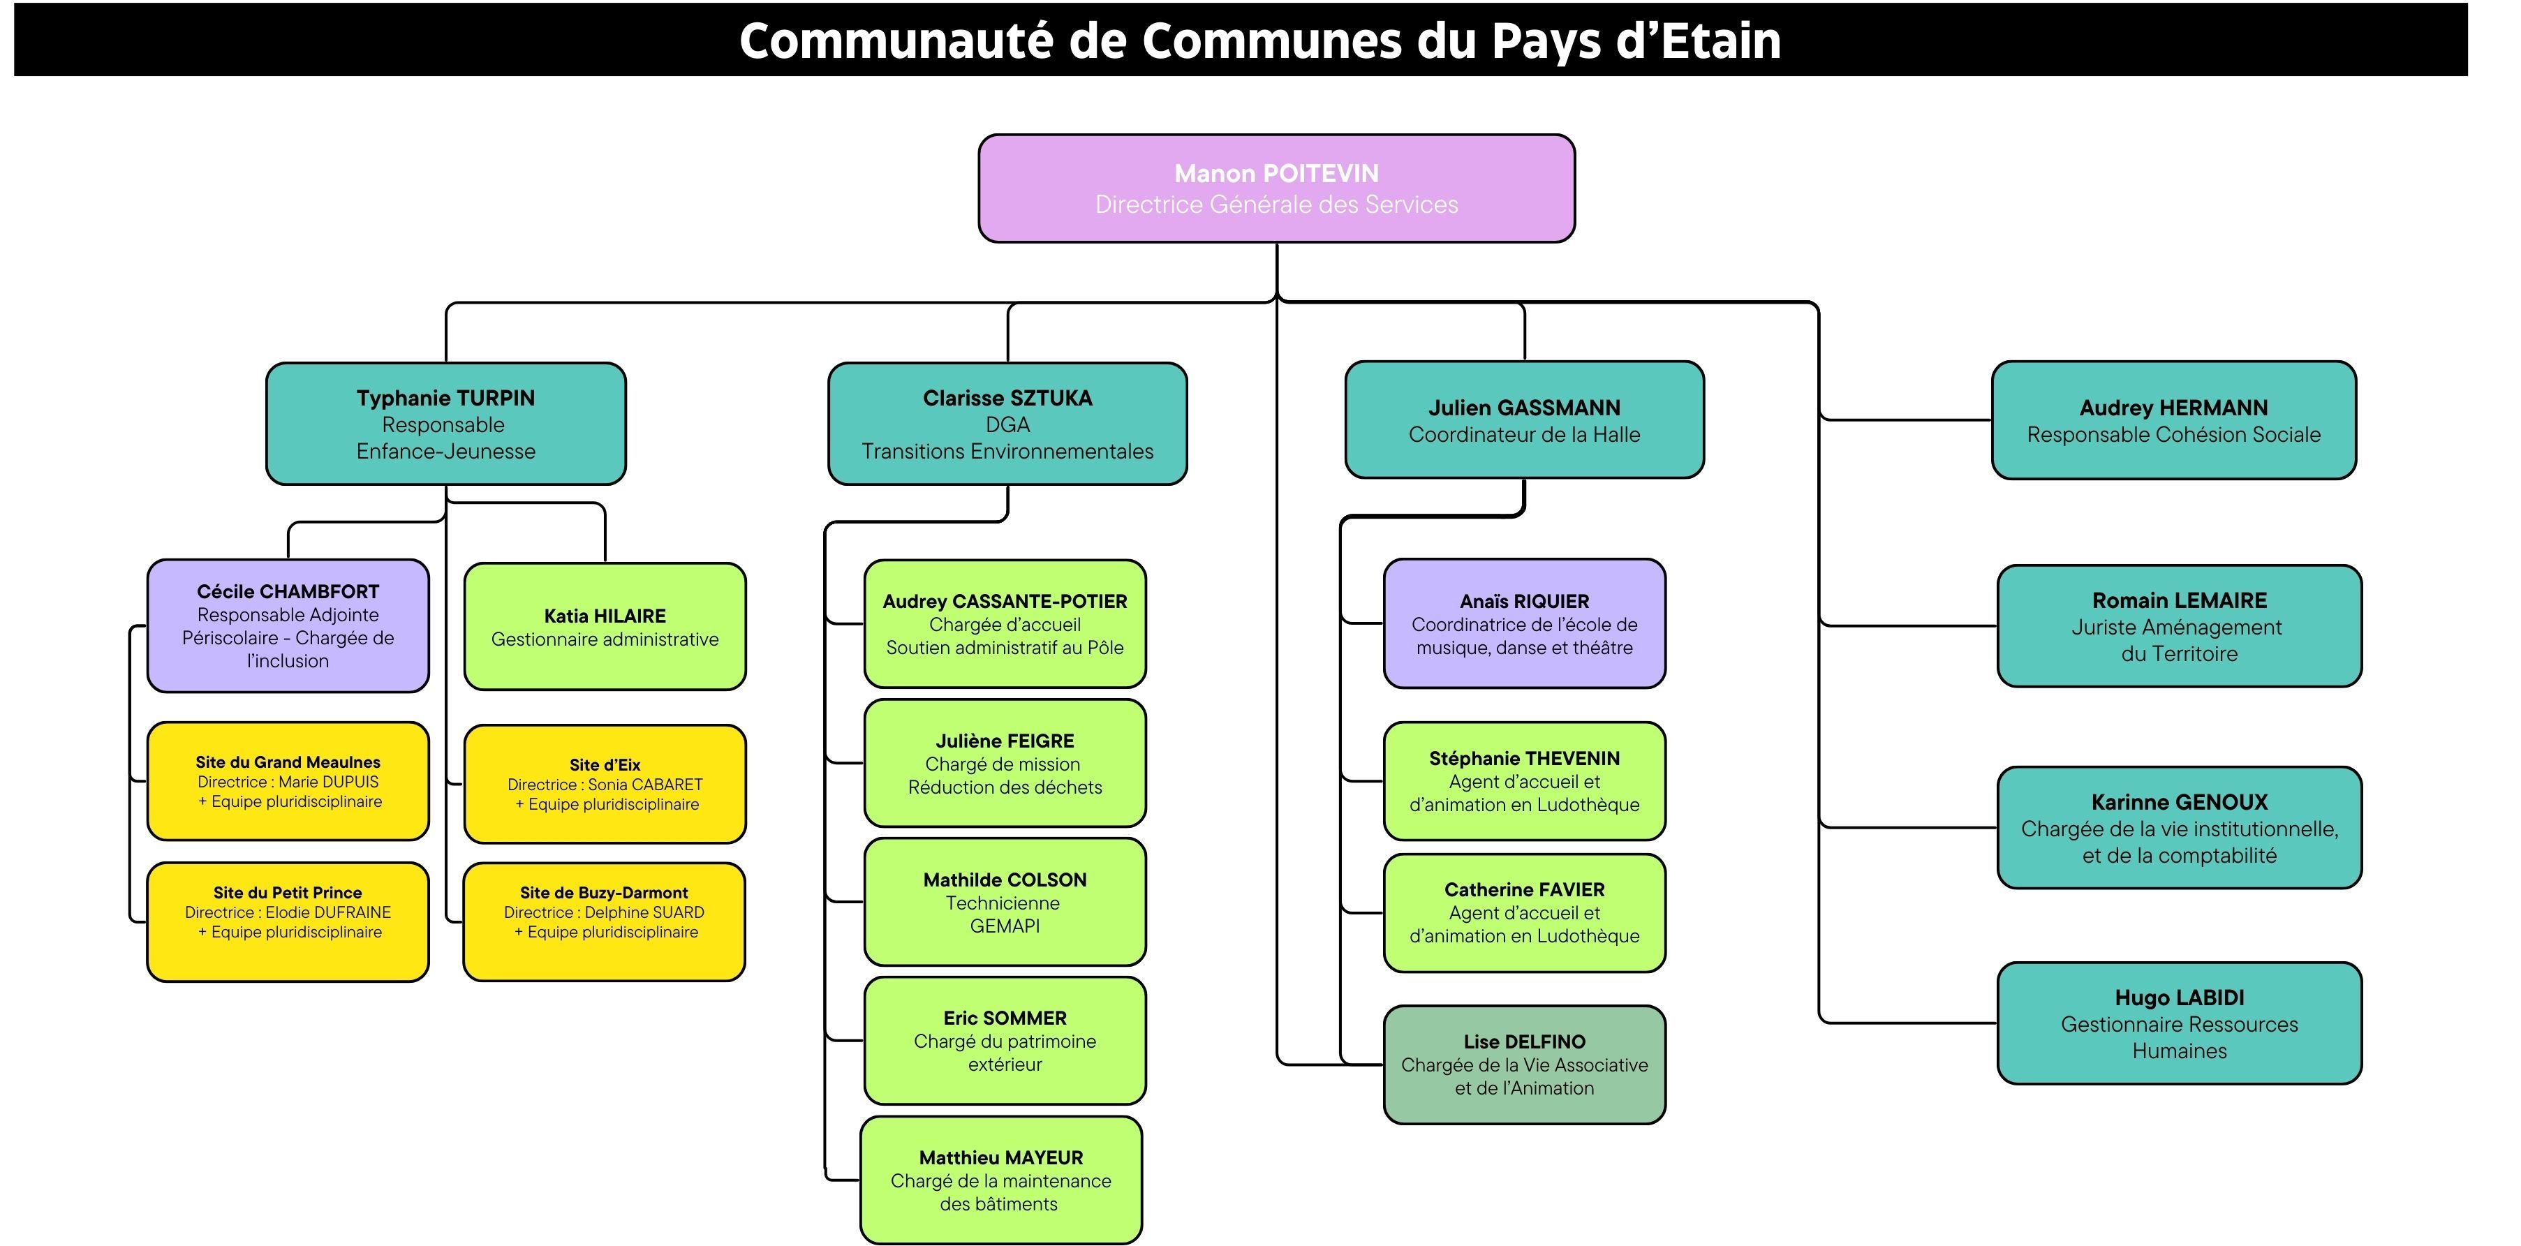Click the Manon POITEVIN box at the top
(1276, 188)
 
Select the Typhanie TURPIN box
(445, 424)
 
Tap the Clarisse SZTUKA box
(1007, 424)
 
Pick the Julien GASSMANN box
(1524, 420)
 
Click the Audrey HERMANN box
(2173, 420)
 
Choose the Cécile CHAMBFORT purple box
(288, 625)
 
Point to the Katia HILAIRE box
(605, 626)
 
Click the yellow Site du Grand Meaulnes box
(288, 781)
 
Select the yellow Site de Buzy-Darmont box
(604, 921)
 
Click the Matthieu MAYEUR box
(1000, 1180)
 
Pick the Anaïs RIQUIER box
(1524, 623)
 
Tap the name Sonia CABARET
(645, 784)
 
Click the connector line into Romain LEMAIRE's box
(1908, 625)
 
